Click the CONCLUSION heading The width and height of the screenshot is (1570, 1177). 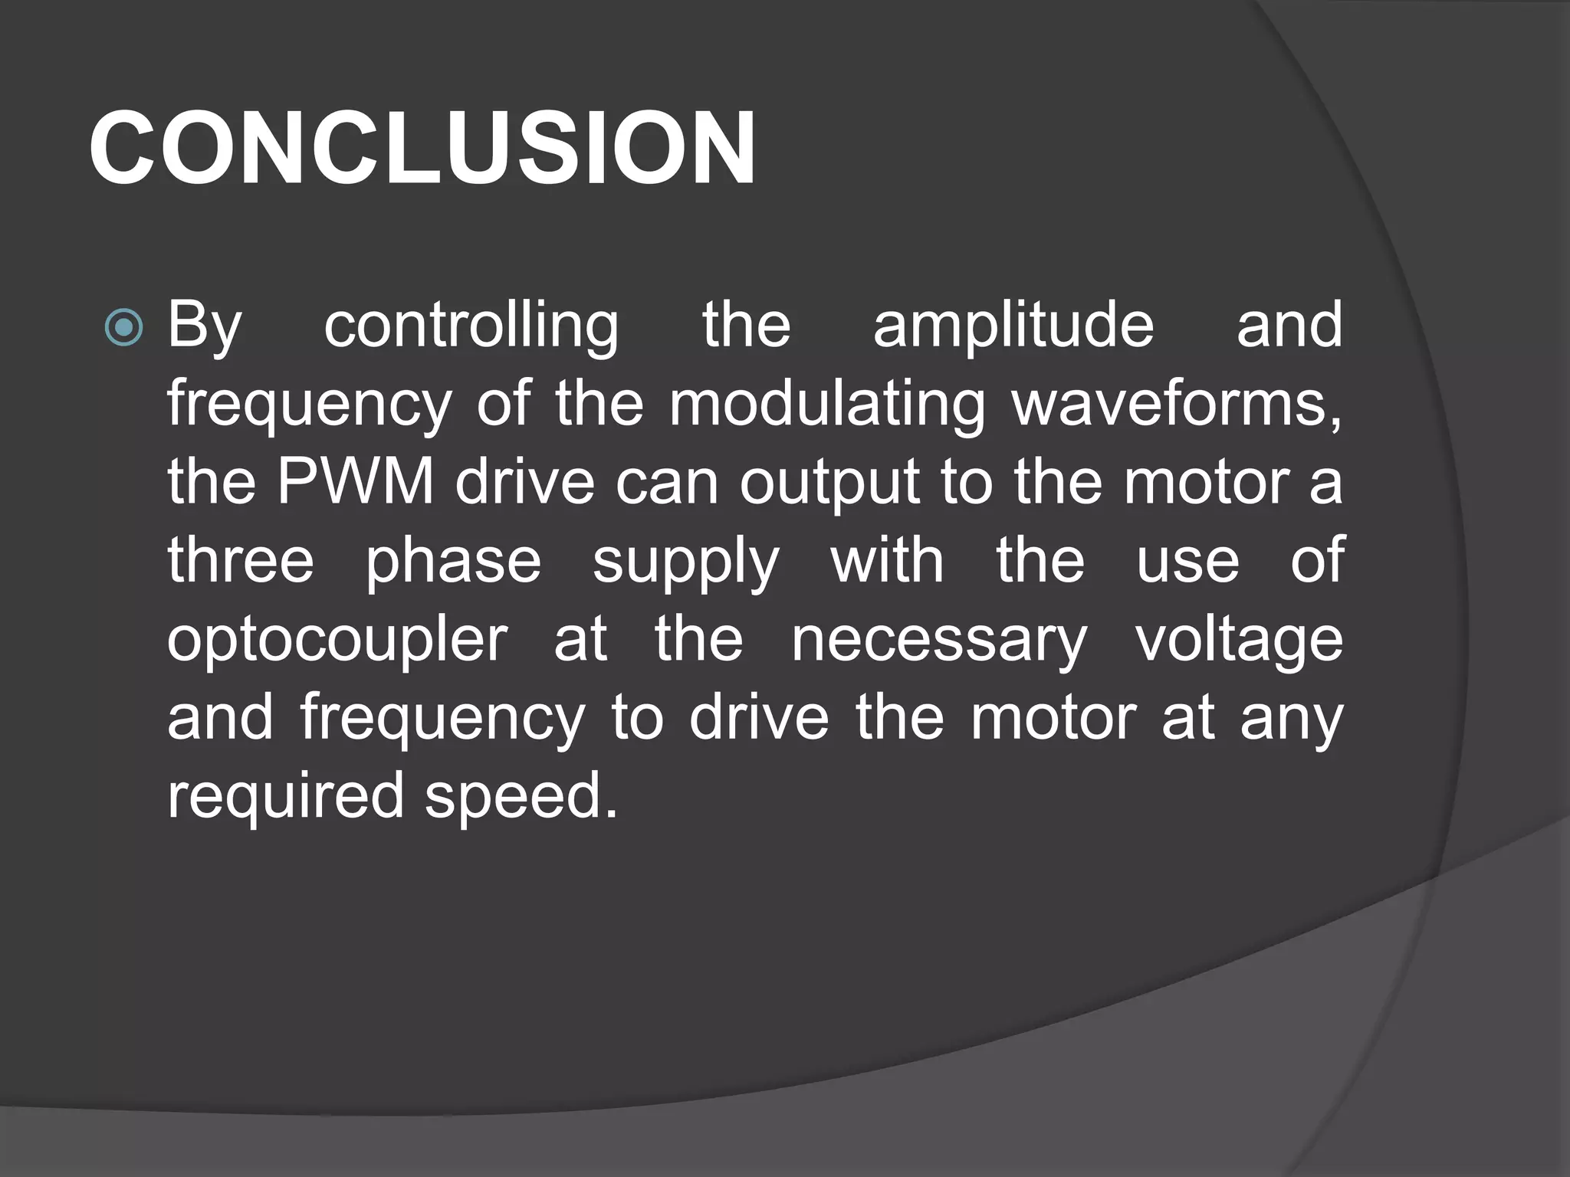[x=422, y=149]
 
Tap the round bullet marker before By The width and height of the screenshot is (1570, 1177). [x=123, y=328]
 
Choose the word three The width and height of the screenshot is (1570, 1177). [x=241, y=561]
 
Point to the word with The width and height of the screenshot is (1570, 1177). [x=887, y=561]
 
